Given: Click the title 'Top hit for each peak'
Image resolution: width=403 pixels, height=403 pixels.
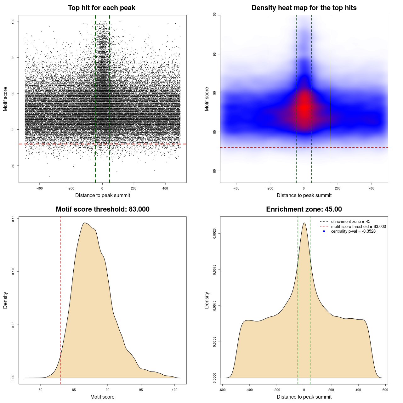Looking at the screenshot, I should [x=101, y=8].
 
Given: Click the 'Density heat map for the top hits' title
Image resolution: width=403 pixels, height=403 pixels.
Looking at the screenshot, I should [x=304, y=8].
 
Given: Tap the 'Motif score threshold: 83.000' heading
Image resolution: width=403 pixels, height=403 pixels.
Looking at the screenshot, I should [x=102, y=209].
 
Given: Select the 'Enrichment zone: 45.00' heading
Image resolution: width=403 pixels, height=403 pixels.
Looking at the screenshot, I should [x=304, y=209].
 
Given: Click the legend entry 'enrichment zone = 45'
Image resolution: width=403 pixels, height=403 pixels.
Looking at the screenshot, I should [x=350, y=222].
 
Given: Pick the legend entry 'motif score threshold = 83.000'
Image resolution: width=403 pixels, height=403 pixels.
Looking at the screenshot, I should [x=358, y=226].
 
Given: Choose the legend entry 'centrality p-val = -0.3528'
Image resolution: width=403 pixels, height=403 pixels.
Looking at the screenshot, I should [x=353, y=231].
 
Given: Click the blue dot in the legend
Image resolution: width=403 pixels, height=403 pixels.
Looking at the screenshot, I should [x=324, y=231].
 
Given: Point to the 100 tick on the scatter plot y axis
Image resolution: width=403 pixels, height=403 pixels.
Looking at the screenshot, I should [x=13, y=21].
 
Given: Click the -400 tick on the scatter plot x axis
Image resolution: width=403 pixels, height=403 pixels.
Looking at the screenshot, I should [x=39, y=188].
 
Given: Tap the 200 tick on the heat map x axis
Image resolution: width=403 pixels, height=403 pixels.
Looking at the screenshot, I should [x=338, y=188].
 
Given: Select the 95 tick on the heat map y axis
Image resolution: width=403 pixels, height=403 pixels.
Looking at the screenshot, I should [x=214, y=54].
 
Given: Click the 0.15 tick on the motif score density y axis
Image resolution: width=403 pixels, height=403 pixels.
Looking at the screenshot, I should [x=13, y=219].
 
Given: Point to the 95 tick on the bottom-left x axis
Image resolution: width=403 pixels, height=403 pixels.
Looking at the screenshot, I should [x=141, y=390].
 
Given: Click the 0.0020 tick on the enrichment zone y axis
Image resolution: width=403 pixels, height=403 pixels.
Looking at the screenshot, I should [x=214, y=234].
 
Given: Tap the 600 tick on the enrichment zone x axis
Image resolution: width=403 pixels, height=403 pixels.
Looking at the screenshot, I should [x=385, y=390].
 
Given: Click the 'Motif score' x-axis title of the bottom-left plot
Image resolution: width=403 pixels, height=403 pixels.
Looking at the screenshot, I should [x=102, y=397].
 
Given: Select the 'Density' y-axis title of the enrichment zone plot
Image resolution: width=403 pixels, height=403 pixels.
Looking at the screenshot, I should [x=207, y=300].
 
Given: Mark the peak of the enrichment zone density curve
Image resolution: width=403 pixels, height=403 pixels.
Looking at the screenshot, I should [x=304, y=223].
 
